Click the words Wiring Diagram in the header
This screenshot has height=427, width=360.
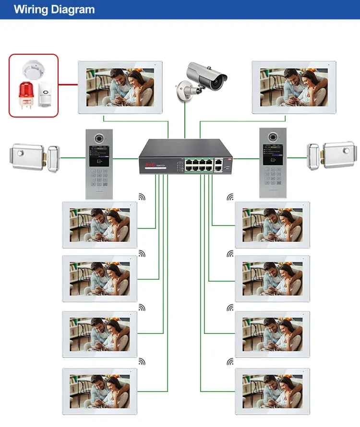coord(54,10)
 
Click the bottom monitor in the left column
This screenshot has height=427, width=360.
coord(99,391)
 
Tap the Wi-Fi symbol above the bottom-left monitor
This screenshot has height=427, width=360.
coord(142,361)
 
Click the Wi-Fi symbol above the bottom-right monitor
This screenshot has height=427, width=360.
coord(230,361)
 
